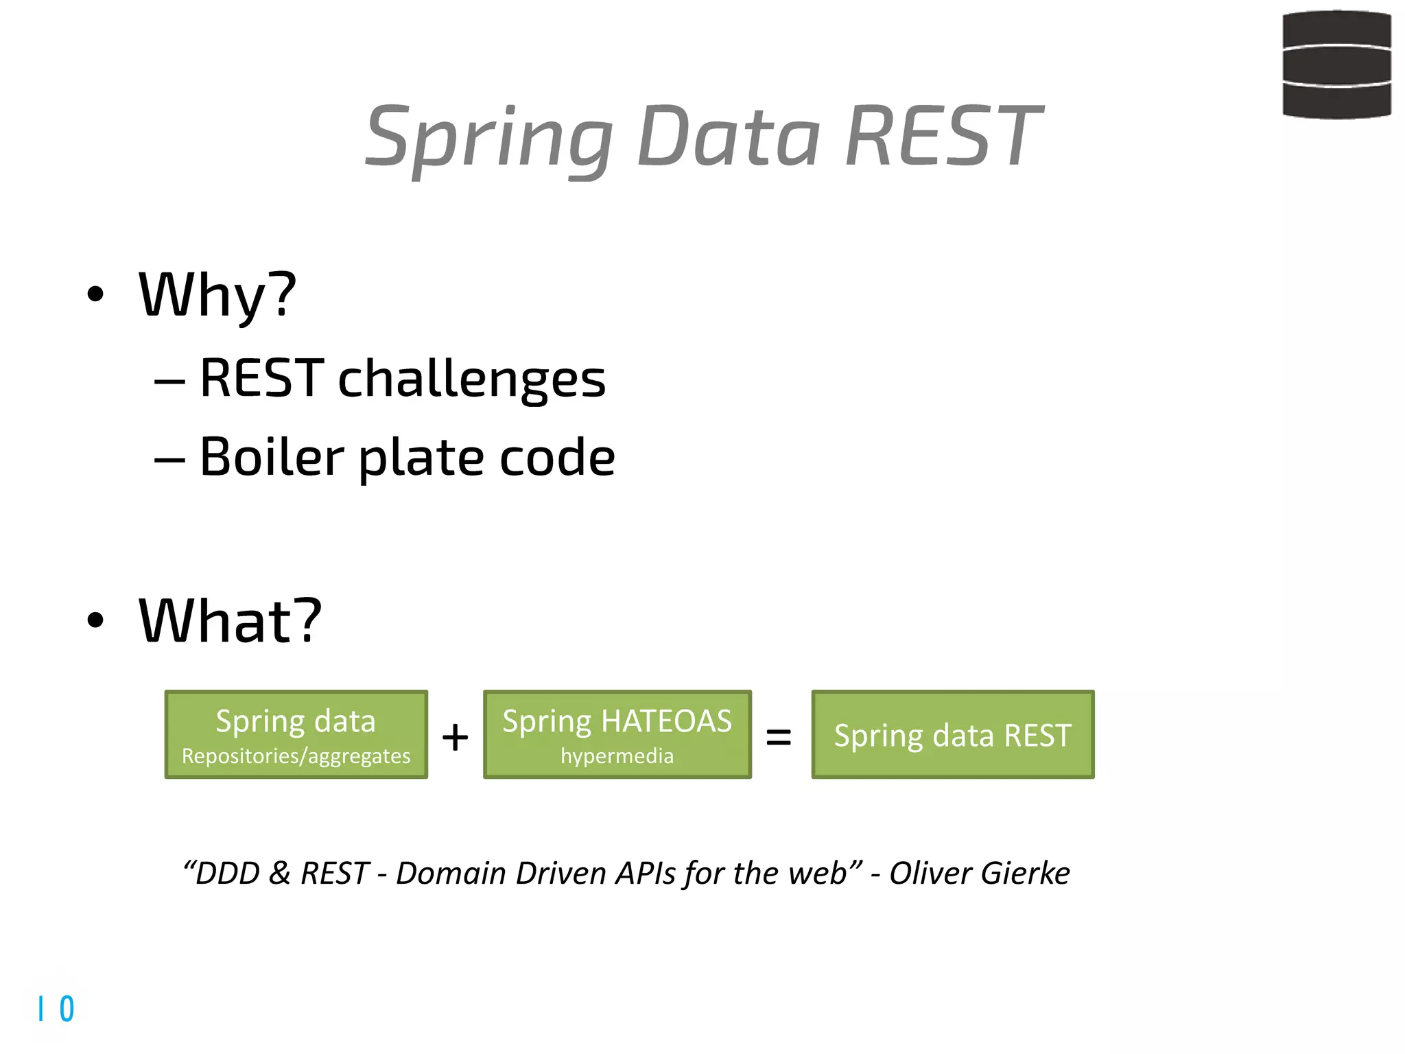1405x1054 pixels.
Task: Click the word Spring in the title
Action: [x=488, y=137]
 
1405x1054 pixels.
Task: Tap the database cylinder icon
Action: [x=1336, y=65]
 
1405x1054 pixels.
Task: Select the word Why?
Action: [x=217, y=295]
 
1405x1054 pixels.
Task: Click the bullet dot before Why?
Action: [x=95, y=294]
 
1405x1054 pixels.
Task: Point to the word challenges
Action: [x=472, y=379]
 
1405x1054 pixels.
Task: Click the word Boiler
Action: [x=272, y=457]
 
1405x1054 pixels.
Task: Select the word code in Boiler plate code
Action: [x=557, y=457]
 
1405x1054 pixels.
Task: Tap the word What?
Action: [x=230, y=621]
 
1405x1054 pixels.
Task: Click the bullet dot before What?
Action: [x=95, y=620]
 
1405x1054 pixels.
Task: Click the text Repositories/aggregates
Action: [x=296, y=756]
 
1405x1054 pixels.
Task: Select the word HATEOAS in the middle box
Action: [x=666, y=721]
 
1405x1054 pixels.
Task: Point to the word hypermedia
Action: [x=617, y=756]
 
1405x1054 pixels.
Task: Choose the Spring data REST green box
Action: [x=952, y=735]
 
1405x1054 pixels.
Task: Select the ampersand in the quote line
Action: [x=279, y=874]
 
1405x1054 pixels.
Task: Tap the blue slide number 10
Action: [x=56, y=1009]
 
